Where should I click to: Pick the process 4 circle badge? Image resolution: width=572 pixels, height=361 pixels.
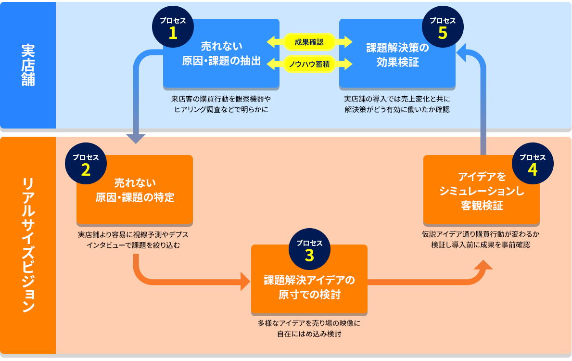point(532,165)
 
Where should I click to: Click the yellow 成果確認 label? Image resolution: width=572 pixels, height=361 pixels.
point(309,42)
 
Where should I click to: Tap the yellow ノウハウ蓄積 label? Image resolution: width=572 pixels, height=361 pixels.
point(309,64)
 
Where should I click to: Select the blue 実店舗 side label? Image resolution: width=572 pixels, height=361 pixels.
point(28,65)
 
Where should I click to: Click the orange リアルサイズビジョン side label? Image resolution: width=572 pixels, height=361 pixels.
point(28,245)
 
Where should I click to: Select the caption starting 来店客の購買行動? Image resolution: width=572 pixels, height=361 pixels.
point(221,104)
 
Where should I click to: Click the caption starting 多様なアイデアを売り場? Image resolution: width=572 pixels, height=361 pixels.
point(309,328)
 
